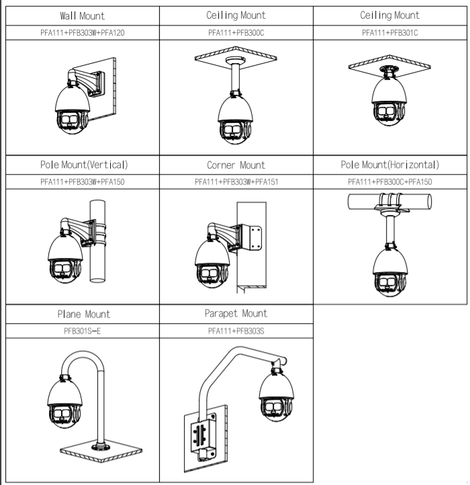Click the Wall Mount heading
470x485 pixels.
pos(81,15)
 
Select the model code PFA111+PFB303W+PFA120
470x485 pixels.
pos(81,32)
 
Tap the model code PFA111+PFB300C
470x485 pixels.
pos(236,32)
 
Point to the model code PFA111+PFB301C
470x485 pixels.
pos(391,32)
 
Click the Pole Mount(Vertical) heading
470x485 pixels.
pos(81,165)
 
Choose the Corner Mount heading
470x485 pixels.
pos(236,165)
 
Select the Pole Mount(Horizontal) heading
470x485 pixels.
pos(391,165)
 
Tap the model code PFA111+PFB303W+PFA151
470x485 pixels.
pos(236,181)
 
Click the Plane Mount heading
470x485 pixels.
pos(81,314)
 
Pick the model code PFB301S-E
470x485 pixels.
pos(81,330)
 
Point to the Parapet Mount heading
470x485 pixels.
pos(236,313)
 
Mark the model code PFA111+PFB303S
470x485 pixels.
pos(236,330)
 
